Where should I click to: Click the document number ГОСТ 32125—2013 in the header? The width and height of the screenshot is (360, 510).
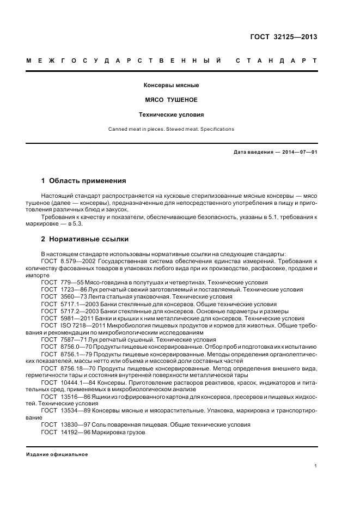pos(283,37)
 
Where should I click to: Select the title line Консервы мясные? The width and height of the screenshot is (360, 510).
pos(172,86)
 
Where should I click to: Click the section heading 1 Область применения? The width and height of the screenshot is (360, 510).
pos(84,180)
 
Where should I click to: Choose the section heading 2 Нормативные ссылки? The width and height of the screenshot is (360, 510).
pos(85,239)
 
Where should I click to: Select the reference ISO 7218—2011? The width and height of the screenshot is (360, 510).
pos(80,325)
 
